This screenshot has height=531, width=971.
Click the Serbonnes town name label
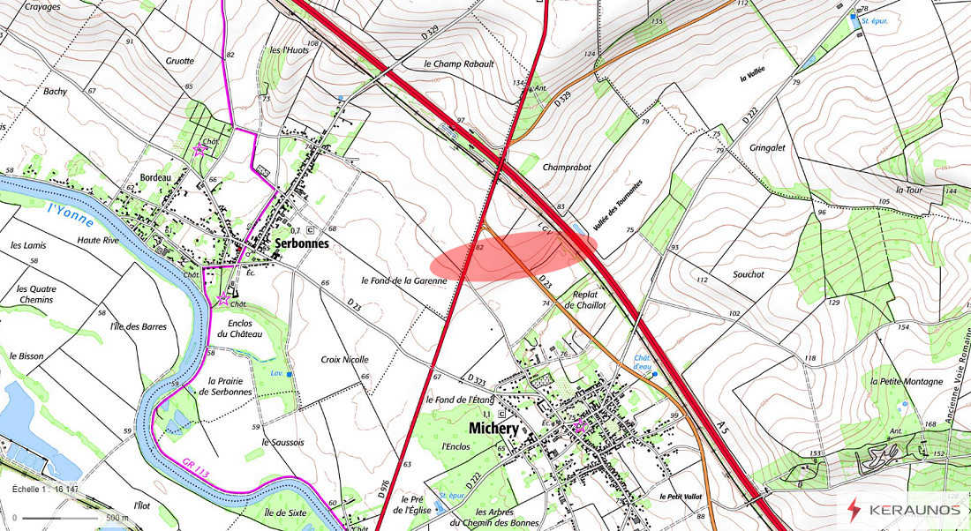(302, 243)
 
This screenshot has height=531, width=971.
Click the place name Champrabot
(567, 167)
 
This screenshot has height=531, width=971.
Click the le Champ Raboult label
(458, 64)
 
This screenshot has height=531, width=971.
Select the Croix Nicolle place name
(344, 360)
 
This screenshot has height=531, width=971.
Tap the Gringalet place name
(767, 148)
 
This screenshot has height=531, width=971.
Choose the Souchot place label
(749, 274)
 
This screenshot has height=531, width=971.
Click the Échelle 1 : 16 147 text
(45, 489)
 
